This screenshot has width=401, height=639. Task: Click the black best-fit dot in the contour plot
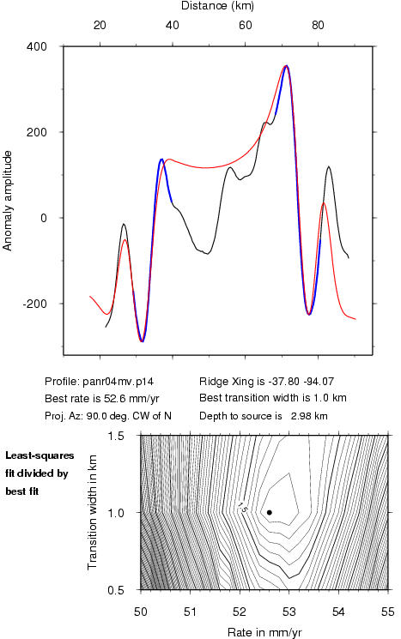click(270, 512)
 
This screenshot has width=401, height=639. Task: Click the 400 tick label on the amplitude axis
click(37, 46)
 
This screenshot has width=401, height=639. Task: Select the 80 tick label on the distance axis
click(318, 25)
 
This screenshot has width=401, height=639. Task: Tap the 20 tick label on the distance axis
click(100, 25)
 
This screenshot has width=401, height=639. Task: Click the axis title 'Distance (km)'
click(217, 6)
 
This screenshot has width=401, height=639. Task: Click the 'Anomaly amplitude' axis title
click(8, 201)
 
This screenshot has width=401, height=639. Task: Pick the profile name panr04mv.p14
click(118, 382)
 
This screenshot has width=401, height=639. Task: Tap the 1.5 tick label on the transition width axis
click(115, 436)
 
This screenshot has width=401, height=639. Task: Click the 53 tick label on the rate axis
click(289, 612)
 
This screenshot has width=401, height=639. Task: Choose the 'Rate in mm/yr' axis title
click(264, 632)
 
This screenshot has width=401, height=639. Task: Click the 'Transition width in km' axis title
click(92, 512)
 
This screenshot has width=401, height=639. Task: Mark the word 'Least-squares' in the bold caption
click(39, 455)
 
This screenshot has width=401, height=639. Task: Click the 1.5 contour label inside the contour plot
click(243, 507)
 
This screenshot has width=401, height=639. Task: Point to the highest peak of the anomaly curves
click(287, 65)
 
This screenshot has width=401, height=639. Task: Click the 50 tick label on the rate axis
click(141, 612)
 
